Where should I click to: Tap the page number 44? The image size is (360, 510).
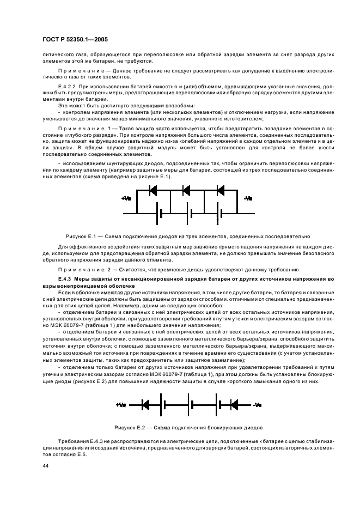click(46, 466)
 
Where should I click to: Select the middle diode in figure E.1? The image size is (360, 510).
click(186, 191)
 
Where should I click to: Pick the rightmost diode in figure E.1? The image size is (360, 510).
click(221, 191)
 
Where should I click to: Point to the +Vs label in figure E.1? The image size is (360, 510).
click(126, 199)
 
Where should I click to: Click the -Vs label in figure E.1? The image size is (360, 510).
click(248, 199)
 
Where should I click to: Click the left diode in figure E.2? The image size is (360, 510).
click(145, 405)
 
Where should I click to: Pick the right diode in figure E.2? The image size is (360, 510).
click(234, 405)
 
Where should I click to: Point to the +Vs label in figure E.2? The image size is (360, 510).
click(121, 405)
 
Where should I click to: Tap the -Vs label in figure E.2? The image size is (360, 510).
click(258, 405)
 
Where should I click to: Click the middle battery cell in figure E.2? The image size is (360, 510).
click(190, 405)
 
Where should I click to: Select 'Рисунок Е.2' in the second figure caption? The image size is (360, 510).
click(129, 427)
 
